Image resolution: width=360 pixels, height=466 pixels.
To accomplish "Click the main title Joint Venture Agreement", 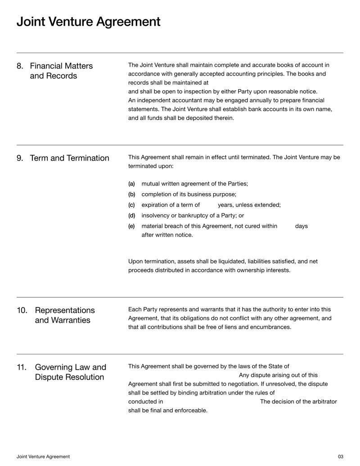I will click(88, 22).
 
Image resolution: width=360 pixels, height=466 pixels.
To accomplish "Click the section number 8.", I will click(20, 66).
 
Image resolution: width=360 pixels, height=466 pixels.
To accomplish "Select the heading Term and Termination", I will click(69, 158).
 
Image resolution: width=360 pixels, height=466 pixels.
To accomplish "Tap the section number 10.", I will click(22, 311).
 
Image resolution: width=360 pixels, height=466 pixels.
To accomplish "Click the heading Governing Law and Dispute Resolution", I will click(71, 372).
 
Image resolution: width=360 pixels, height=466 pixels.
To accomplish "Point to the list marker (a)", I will click(131, 184).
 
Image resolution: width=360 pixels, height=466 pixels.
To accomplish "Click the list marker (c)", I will click(131, 205).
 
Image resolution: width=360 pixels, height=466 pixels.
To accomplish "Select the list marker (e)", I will click(131, 226).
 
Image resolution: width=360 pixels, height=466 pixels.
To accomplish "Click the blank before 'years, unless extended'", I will click(209, 205).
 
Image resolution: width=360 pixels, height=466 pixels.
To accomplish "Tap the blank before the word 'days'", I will click(286, 226).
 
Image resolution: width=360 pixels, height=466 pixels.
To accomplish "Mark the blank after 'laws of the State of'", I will click(315, 366).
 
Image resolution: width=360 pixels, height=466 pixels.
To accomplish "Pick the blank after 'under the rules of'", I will click(306, 393).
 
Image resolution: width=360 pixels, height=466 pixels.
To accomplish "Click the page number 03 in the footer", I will click(340, 457).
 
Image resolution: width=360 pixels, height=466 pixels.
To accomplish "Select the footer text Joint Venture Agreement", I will click(43, 457).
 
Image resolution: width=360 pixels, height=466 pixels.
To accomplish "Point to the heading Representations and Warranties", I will click(65, 315).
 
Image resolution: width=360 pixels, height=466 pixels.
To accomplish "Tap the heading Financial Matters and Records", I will click(61, 71).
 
